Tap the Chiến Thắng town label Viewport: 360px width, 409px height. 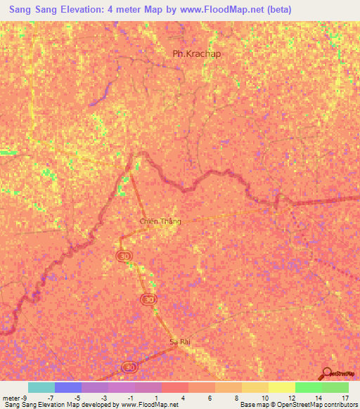point(160,221)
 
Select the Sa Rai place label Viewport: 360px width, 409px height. point(180,342)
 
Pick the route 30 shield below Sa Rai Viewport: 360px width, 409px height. point(129,368)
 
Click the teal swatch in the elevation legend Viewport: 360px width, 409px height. point(41,387)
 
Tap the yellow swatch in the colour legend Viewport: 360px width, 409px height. point(281,387)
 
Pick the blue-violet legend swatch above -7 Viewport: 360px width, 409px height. point(67,387)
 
